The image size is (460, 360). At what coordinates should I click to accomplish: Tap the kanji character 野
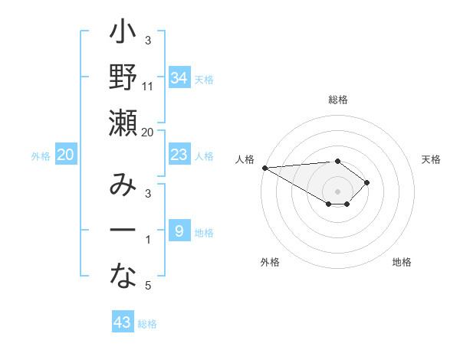pos(123,78)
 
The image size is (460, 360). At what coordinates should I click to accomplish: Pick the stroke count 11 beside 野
pos(148,87)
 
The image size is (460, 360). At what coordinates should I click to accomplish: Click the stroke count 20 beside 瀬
pos(148,132)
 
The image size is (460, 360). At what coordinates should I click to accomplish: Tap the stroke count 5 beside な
pos(148,286)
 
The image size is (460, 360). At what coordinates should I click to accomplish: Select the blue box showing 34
pos(179,77)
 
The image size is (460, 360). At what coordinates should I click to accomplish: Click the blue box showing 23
pos(179,155)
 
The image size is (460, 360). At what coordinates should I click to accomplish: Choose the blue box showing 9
pos(179,231)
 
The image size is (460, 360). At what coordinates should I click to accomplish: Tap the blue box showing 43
pos(123,322)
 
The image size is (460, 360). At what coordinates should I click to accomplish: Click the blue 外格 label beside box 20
pos(41,156)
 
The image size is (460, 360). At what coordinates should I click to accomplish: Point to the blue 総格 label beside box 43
pos(147,324)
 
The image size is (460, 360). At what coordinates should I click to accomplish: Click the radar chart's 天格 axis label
pos(432,159)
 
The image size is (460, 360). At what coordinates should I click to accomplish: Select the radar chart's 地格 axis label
pos(402,262)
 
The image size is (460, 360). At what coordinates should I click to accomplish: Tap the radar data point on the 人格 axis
pos(264,168)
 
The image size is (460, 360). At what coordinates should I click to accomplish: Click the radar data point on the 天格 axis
pos(367,182)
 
